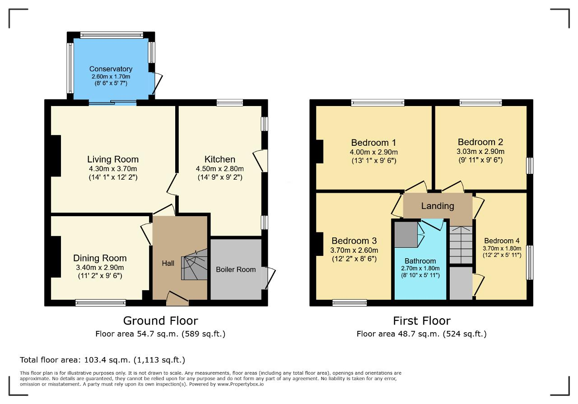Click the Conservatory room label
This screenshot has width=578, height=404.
(x=111, y=69)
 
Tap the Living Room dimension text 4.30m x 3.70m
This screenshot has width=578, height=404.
(x=113, y=169)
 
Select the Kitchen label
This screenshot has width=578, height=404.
(x=220, y=159)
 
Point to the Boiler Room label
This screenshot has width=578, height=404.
(x=236, y=269)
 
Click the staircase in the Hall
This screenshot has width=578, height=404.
(x=195, y=265)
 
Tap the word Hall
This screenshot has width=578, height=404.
(x=168, y=263)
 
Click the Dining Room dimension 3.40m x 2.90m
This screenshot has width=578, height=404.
(x=100, y=268)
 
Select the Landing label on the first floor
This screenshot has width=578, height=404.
(x=438, y=206)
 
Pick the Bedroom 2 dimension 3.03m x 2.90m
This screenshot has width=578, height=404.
(x=480, y=151)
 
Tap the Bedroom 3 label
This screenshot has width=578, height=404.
(x=354, y=241)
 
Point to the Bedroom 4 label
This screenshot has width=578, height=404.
(x=502, y=241)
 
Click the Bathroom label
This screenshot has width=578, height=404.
(x=420, y=261)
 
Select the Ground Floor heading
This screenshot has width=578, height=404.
(x=160, y=320)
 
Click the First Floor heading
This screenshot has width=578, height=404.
(x=422, y=320)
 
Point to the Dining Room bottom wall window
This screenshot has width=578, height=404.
(x=101, y=302)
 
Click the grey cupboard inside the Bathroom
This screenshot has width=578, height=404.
(x=406, y=235)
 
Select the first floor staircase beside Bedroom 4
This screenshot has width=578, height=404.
(x=461, y=245)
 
